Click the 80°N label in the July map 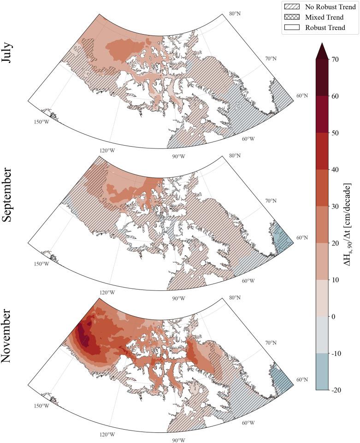pos(235,14)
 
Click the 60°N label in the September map pos(302,238)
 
